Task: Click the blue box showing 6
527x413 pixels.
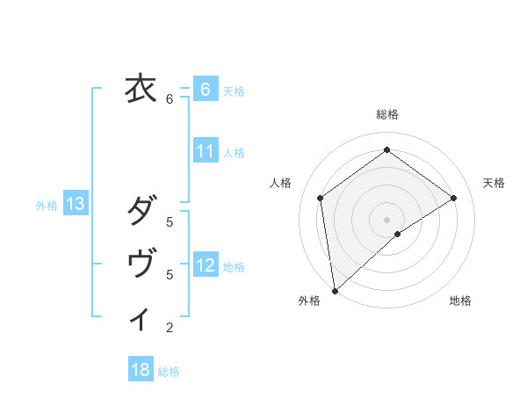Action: click(x=205, y=90)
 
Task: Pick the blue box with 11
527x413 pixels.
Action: click(x=205, y=151)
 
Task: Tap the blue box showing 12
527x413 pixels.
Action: click(x=205, y=265)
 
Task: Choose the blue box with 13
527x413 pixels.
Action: click(x=76, y=205)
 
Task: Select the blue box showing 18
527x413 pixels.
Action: click(x=141, y=370)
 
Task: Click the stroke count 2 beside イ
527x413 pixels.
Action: click(x=170, y=329)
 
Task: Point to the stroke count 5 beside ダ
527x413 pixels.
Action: click(x=170, y=222)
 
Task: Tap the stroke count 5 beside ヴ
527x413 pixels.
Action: click(x=170, y=275)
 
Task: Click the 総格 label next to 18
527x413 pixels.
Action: click(x=169, y=372)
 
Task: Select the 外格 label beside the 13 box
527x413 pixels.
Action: click(x=47, y=206)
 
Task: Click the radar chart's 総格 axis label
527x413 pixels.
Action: click(x=386, y=114)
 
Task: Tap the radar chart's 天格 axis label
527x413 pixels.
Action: click(x=494, y=183)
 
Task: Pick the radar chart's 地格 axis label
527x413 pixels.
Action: click(x=460, y=301)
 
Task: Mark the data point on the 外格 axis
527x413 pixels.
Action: click(x=334, y=290)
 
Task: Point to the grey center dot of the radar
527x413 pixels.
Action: click(x=386, y=218)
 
